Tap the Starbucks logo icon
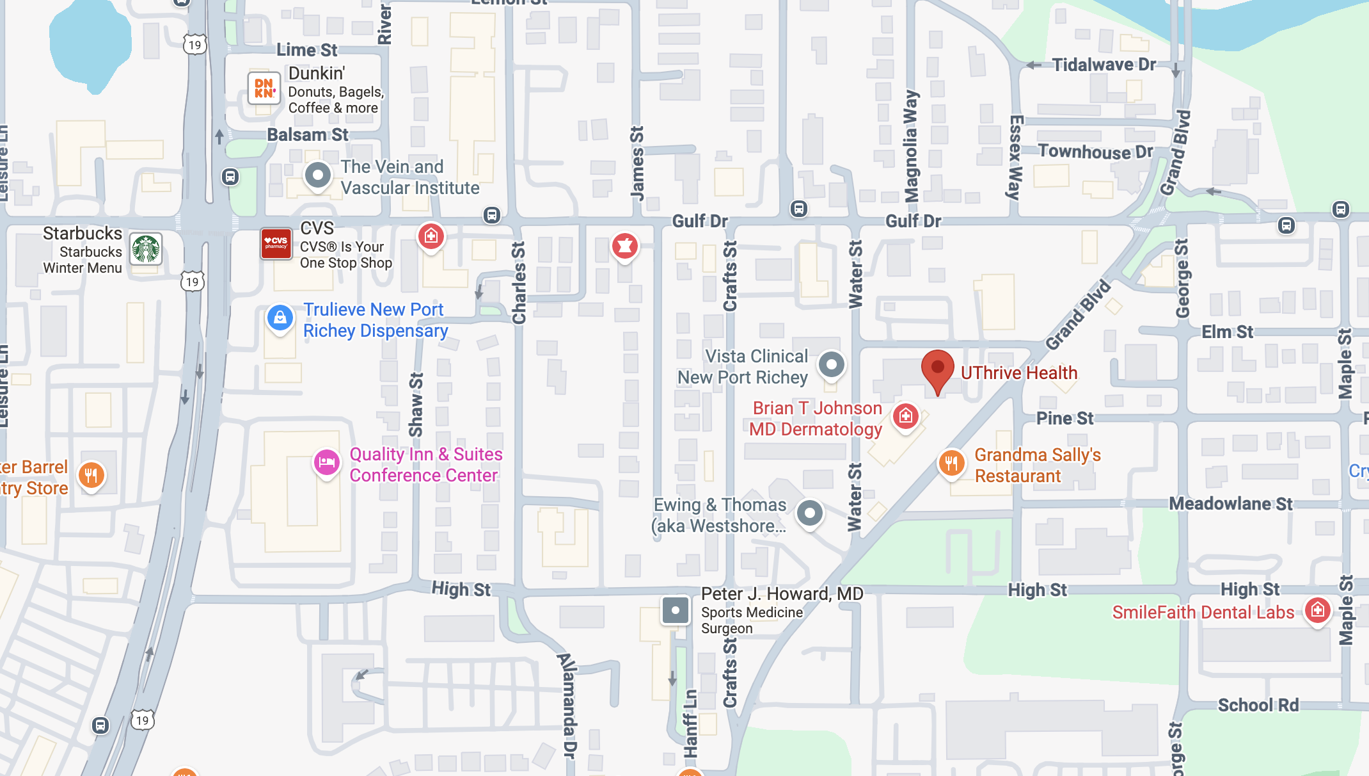point(146,249)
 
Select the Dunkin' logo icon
point(264,88)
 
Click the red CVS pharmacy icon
point(276,244)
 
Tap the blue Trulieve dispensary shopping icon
point(280,318)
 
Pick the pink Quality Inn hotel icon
point(326,462)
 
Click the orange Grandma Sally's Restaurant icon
point(951,463)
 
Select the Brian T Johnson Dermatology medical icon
point(905,417)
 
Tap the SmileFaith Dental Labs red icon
point(1317,610)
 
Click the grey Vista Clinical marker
point(831,365)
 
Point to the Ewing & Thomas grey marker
point(809,513)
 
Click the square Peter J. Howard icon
point(675,610)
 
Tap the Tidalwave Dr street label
point(1104,65)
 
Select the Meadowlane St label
point(1230,504)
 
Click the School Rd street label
point(1258,705)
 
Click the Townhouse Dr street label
point(1095,152)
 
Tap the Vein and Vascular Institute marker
point(317,175)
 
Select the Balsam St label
point(308,135)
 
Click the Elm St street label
point(1226,332)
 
